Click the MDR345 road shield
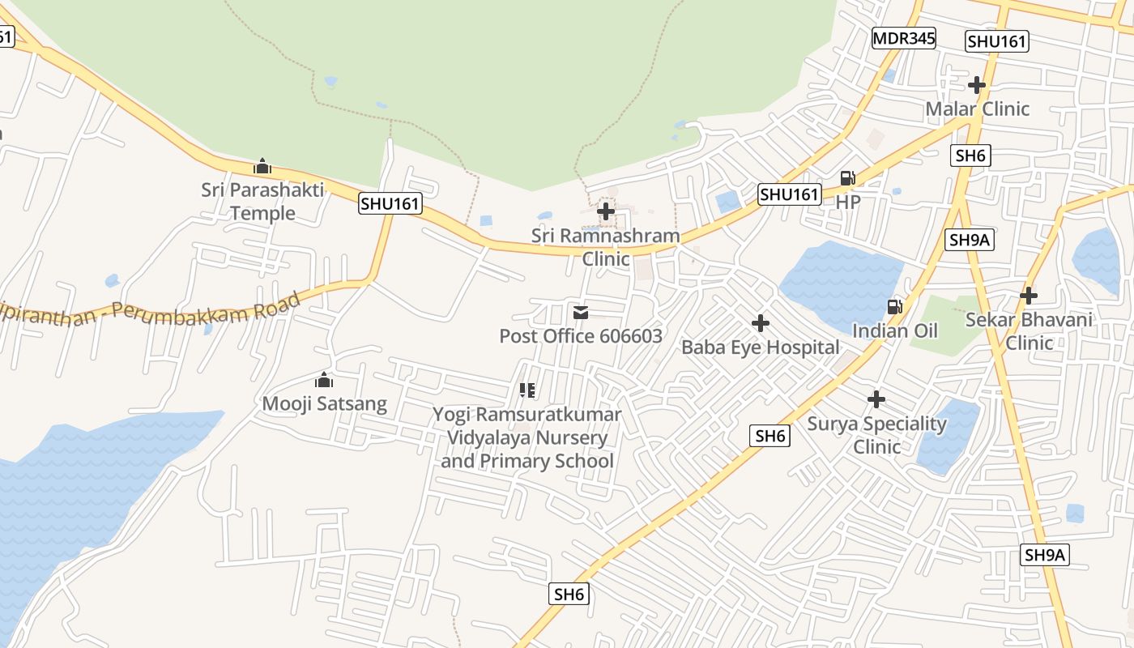click(904, 38)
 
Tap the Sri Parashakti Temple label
click(262, 202)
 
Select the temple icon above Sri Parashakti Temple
click(262, 166)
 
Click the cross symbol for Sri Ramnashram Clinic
click(605, 211)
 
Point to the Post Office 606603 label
click(580, 336)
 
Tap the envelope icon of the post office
click(581, 313)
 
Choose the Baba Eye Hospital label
click(760, 347)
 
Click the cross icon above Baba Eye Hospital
click(760, 323)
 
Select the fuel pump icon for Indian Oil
click(895, 306)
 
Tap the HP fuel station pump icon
click(847, 178)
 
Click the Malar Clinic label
click(977, 109)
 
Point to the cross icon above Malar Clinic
click(977, 84)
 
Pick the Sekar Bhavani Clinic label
click(1029, 330)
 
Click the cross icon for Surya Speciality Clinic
click(876, 399)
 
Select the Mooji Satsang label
click(324, 403)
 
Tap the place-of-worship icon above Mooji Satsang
click(324, 380)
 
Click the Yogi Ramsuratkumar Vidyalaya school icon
click(527, 391)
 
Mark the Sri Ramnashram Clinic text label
click(605, 247)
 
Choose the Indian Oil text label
click(895, 330)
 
